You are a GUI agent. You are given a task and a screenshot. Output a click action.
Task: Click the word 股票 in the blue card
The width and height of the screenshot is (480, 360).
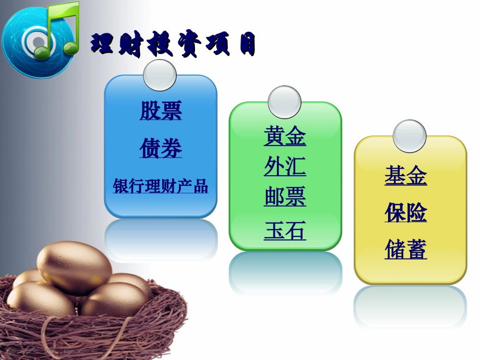coord(161,111)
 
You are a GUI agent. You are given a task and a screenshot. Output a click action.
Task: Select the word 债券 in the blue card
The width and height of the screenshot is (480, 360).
coord(161,148)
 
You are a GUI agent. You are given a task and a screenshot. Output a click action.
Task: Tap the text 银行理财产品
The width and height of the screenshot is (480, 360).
coord(160,186)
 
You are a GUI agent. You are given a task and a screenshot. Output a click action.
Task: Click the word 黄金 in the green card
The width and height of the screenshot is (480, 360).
coord(285,136)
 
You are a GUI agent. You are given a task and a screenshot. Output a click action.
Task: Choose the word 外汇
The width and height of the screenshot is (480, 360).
coord(285,167)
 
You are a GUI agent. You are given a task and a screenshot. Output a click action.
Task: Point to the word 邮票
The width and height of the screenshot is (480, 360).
coord(285,197)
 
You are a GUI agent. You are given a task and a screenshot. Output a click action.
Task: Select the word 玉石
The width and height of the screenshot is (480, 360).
coord(285,231)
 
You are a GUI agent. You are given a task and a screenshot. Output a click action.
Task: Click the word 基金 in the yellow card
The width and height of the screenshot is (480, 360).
coord(406,176)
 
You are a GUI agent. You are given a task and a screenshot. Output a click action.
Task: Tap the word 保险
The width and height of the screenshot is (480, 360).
coord(406,213)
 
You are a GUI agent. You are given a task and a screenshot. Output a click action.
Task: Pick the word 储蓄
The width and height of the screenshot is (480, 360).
coord(406,249)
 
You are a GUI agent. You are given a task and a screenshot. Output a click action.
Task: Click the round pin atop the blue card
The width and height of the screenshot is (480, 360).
coord(160,75)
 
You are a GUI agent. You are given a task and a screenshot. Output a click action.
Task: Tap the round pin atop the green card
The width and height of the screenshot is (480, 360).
coord(284,102)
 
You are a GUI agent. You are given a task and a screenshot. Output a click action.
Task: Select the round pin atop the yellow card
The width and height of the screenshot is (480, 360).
coord(409,136)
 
